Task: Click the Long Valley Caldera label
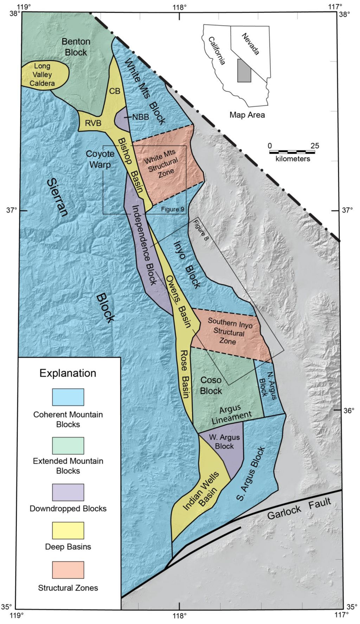42,75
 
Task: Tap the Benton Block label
76,47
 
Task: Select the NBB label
141,117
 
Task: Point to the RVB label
93,123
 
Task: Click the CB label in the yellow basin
115,91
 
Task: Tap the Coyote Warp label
100,159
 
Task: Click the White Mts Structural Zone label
163,164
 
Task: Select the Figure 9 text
173,209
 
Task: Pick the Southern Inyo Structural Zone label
229,331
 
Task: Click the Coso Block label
211,386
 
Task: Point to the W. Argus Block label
224,442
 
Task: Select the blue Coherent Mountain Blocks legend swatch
68,397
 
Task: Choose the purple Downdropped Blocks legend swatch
68,492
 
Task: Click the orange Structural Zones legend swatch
68,570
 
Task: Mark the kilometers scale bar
292,152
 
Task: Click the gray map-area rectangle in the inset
244,71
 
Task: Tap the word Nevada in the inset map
251,44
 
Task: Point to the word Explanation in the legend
67,373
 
